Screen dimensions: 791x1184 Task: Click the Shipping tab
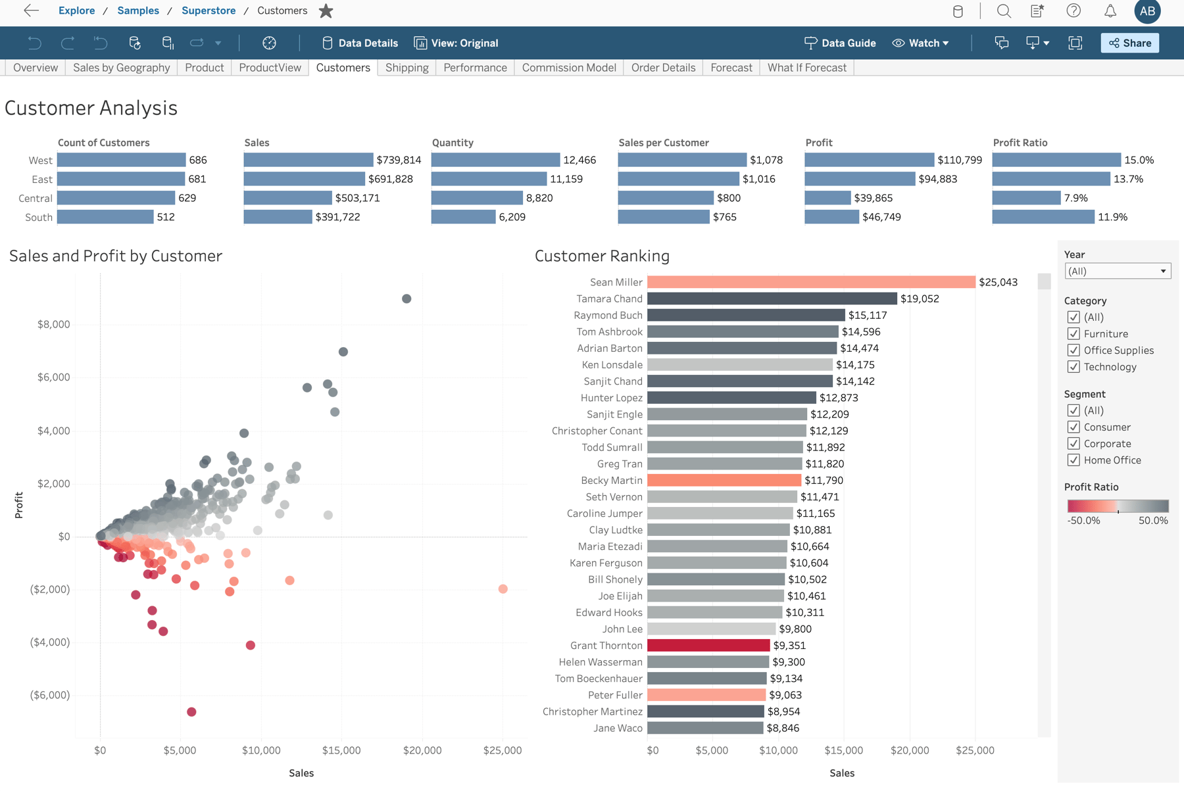tap(407, 68)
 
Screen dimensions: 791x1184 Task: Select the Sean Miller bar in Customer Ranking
tap(810, 282)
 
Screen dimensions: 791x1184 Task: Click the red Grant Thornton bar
tap(708, 646)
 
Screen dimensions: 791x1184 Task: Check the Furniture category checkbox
tap(1073, 334)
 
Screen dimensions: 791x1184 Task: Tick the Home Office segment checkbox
tap(1073, 460)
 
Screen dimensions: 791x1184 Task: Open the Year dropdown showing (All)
tap(1117, 271)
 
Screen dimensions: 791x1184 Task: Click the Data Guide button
tap(840, 43)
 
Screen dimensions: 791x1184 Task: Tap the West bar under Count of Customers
tap(121, 160)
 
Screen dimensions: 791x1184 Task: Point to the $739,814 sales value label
tap(399, 160)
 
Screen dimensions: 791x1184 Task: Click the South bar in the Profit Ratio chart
tap(1043, 217)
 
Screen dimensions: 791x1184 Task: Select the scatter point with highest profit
tap(407, 299)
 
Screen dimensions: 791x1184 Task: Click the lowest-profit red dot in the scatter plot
tap(191, 712)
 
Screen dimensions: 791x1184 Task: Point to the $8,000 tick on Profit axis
tap(53, 324)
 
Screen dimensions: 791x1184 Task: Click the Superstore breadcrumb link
tap(209, 11)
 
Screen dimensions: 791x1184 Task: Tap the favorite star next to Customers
tap(326, 11)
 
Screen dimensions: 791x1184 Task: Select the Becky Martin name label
tap(611, 481)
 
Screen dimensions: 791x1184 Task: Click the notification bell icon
tap(1110, 11)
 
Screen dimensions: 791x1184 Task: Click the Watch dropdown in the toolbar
tap(921, 43)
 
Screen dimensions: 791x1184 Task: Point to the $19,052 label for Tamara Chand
tap(920, 299)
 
